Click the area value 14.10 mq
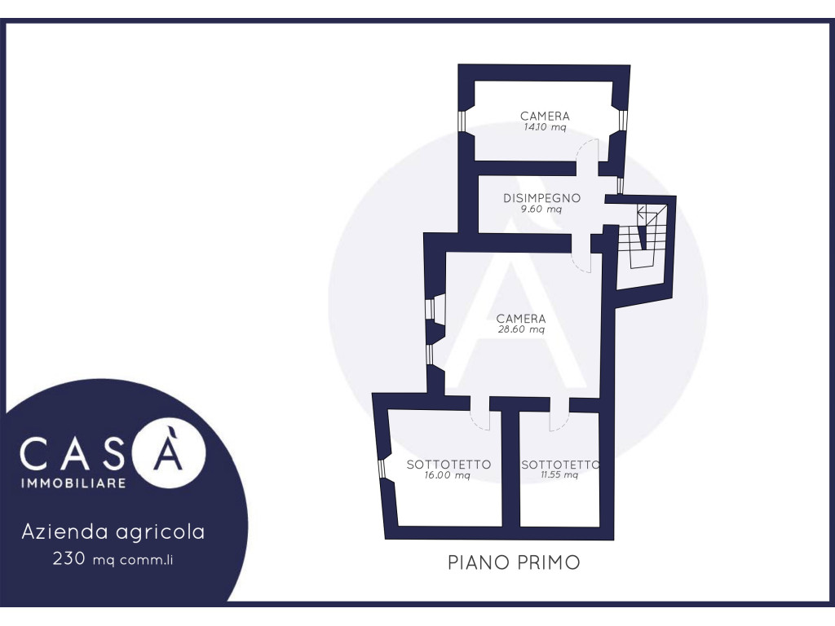click(x=545, y=127)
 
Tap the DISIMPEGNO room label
click(x=541, y=198)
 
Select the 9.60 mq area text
click(x=541, y=209)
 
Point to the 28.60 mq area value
click(x=521, y=329)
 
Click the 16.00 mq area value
click(x=448, y=475)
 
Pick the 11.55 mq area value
click(x=559, y=475)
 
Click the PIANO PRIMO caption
click(x=514, y=562)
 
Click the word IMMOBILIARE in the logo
click(x=73, y=483)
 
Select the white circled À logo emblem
click(x=169, y=452)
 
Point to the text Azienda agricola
click(x=113, y=531)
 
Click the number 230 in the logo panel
click(x=68, y=558)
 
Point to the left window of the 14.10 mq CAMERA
click(x=462, y=121)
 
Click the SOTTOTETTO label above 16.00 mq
click(x=448, y=465)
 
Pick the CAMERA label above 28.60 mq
click(x=521, y=319)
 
